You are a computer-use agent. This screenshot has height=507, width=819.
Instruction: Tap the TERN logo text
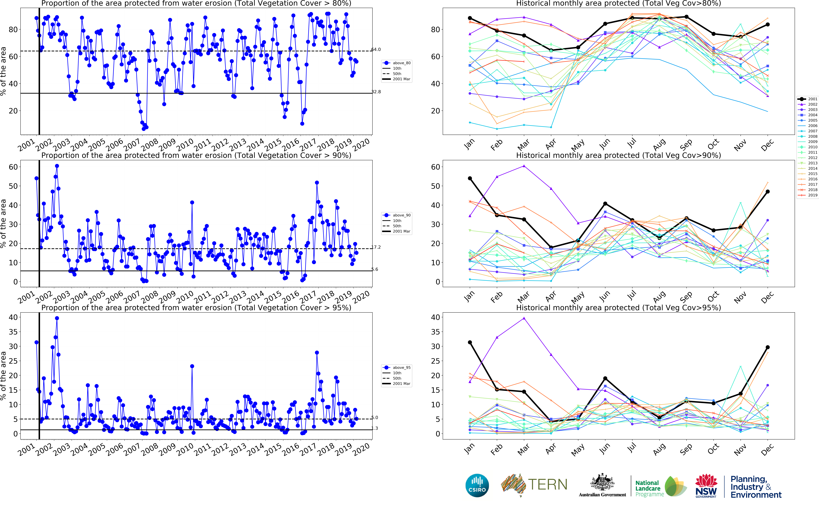pos(548,485)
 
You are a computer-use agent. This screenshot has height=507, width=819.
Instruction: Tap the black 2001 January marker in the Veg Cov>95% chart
pos(470,342)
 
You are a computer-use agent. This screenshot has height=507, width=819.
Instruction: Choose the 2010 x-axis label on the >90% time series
pos(185,297)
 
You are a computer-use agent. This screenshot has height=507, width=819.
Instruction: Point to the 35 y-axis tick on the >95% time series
pos(13,332)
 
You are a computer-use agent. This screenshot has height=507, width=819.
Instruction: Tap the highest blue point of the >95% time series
pos(57,318)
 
